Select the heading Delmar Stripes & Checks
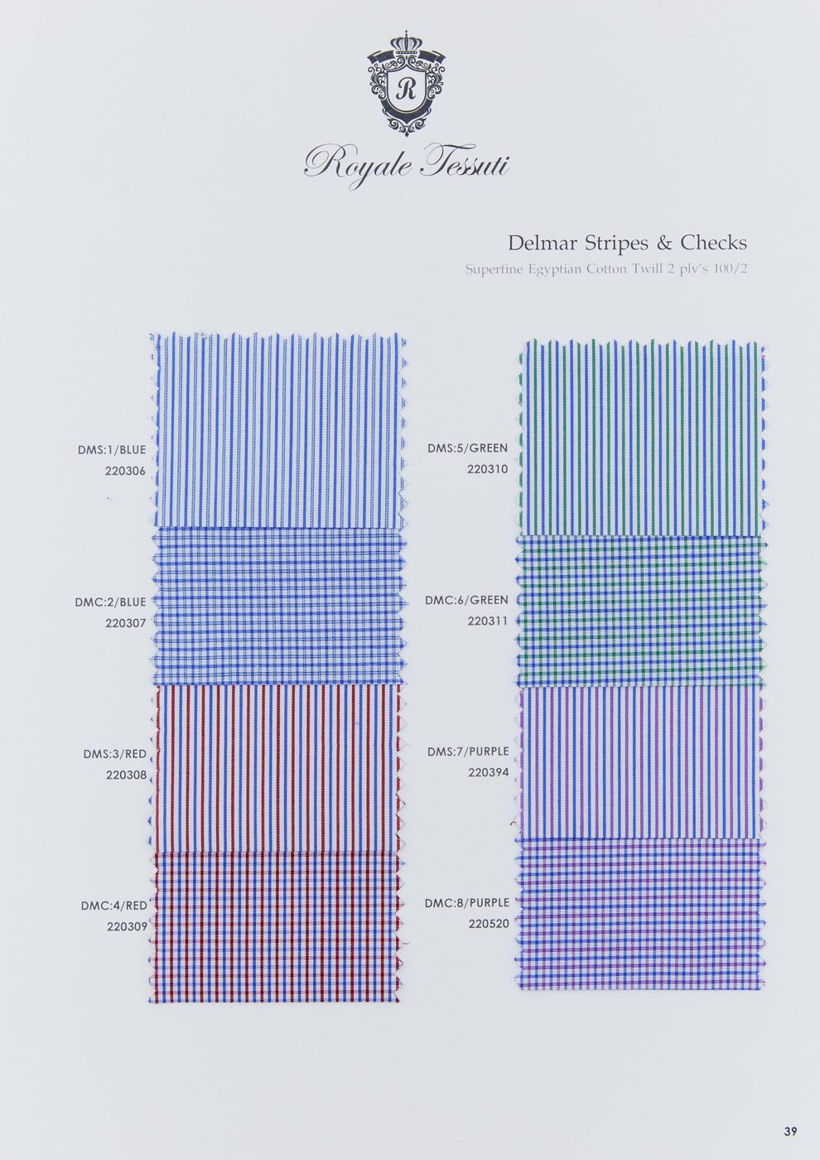[x=628, y=243]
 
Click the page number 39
[x=790, y=1131]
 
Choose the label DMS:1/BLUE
[x=112, y=449]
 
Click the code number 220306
[x=125, y=471]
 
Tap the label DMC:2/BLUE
[x=110, y=602]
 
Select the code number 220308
[x=126, y=776]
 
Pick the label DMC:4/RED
[x=114, y=906]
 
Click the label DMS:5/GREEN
[x=467, y=448]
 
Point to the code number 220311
[x=488, y=621]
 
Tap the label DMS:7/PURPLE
[x=468, y=752]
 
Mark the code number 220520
[x=489, y=924]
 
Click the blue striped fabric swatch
[x=278, y=431]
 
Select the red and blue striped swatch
[x=277, y=769]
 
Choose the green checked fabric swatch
[x=642, y=611]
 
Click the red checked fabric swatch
[x=277, y=927]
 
